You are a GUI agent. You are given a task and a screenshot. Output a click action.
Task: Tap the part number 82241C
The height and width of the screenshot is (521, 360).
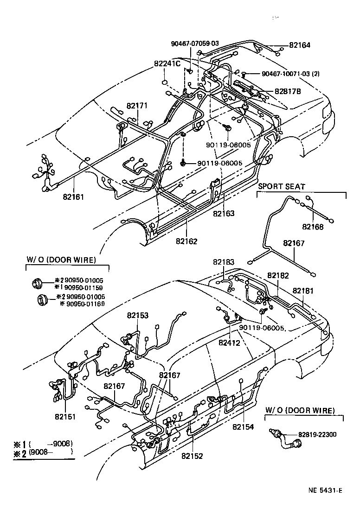tap(167, 64)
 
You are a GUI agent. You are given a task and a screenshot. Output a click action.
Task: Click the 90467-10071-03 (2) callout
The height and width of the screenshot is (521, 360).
tap(290, 74)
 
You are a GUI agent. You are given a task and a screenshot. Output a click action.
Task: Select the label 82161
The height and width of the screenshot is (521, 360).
tap(73, 197)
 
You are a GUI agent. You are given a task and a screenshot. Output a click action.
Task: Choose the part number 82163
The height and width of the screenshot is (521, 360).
tap(224, 214)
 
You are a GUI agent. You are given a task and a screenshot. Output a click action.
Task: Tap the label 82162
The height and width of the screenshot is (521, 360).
tap(186, 241)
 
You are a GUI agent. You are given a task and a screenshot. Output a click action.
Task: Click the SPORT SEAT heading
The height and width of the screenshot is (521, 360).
tap(282, 186)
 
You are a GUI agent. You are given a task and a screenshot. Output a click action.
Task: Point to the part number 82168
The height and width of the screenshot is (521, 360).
tap(313, 227)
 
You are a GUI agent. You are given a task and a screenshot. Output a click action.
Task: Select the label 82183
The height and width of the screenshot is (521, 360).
tap(224, 262)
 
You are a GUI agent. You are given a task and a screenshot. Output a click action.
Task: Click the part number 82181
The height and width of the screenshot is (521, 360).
tap(303, 291)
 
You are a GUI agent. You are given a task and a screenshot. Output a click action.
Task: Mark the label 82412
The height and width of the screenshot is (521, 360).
tap(230, 343)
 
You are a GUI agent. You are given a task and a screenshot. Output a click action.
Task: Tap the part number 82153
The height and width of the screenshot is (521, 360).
tap(137, 316)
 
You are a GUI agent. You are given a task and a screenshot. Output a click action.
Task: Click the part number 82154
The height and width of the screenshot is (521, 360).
tap(243, 426)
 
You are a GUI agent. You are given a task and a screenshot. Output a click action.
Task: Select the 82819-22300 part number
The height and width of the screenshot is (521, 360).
tap(317, 434)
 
